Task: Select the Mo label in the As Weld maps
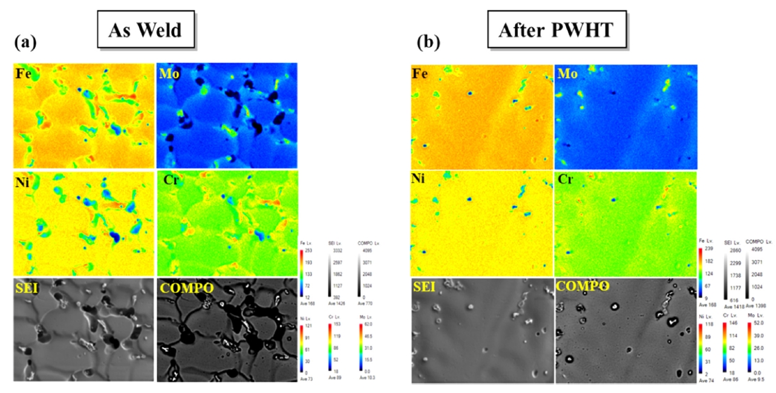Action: pyautogui.click(x=169, y=74)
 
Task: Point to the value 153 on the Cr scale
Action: pyautogui.click(x=337, y=325)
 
